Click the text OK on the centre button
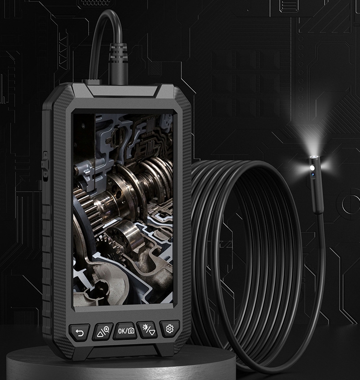point(121,331)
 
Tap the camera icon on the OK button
point(131,331)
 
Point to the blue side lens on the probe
point(313,174)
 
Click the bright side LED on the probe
point(312,168)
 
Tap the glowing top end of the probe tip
point(314,157)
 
